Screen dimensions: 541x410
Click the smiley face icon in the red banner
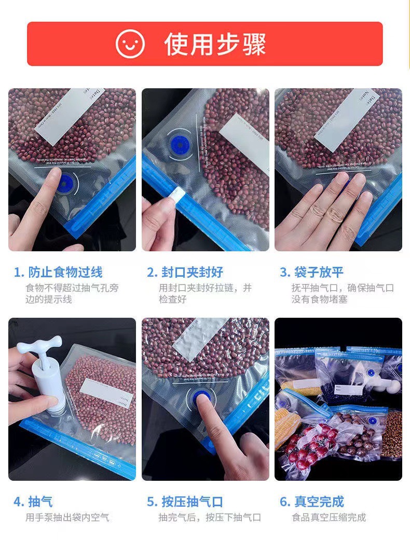[x=130, y=44]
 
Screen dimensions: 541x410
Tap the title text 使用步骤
[x=215, y=44]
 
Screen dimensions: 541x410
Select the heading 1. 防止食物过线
[x=58, y=272]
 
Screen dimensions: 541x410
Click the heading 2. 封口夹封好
[x=185, y=272]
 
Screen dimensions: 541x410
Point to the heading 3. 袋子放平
[x=311, y=272]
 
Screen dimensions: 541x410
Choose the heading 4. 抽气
[x=33, y=502]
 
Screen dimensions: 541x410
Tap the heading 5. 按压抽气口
[x=185, y=502]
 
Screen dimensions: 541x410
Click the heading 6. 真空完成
[x=311, y=502]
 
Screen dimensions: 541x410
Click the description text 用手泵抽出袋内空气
[x=67, y=518]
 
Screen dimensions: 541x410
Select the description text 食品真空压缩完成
[x=329, y=518]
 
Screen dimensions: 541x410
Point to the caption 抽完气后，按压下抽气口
[x=210, y=518]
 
